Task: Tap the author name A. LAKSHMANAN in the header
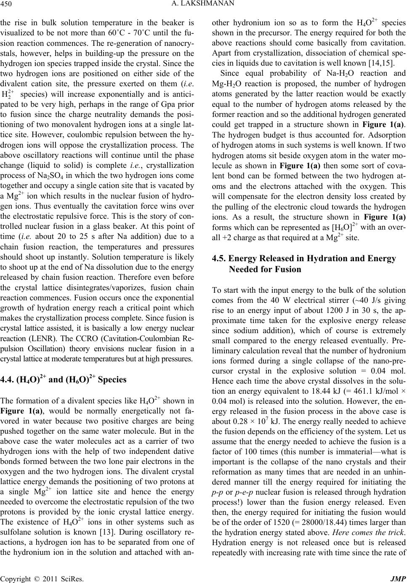pos(204,4)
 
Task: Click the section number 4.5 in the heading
pos(218,259)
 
